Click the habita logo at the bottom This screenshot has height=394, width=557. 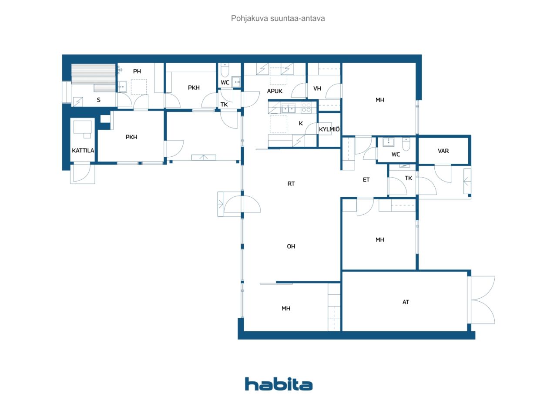point(278,384)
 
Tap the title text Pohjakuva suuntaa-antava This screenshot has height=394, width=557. point(278,18)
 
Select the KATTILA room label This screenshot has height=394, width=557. point(83,151)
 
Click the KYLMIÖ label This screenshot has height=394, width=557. point(329,129)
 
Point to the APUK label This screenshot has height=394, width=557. point(275,91)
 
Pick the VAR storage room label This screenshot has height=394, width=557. point(443,151)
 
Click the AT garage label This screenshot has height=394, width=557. point(406,302)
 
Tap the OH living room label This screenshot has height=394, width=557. point(291,246)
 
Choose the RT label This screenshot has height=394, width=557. point(291,184)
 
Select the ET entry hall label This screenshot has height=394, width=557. point(366,180)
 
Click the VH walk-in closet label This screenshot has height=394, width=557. point(317,88)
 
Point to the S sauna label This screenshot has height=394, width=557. point(98,100)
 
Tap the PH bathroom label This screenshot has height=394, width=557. point(137,71)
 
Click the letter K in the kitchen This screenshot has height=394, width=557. point(301,123)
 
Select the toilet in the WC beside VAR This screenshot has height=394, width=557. point(406,144)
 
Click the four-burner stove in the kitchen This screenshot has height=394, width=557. point(306,108)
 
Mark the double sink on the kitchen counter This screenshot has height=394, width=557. point(288,108)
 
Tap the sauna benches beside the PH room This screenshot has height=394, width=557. point(94,77)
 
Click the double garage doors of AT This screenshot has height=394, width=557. point(483,300)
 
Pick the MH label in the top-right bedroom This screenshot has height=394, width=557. point(380,100)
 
